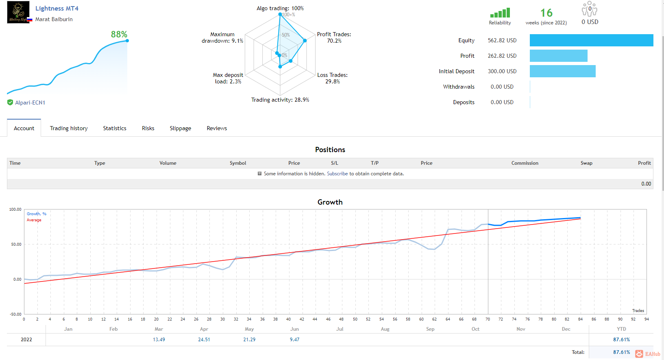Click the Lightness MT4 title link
tap(57, 8)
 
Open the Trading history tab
tap(68, 128)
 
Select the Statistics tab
tap(115, 128)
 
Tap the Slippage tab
tap(180, 128)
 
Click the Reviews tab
tap(217, 128)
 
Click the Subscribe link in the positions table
tap(337, 174)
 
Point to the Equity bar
tap(591, 40)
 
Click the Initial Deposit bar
tap(563, 71)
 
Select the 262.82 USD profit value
tap(502, 56)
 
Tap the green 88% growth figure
tap(119, 35)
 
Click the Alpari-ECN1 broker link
tap(30, 103)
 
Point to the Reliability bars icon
tap(500, 13)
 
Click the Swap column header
tap(586, 163)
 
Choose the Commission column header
tap(525, 163)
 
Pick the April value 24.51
tap(204, 340)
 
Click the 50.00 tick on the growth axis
tap(15, 244)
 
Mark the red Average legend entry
tap(34, 220)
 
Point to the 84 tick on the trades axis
tap(580, 319)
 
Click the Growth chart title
tap(330, 202)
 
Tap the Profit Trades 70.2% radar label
tap(334, 38)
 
